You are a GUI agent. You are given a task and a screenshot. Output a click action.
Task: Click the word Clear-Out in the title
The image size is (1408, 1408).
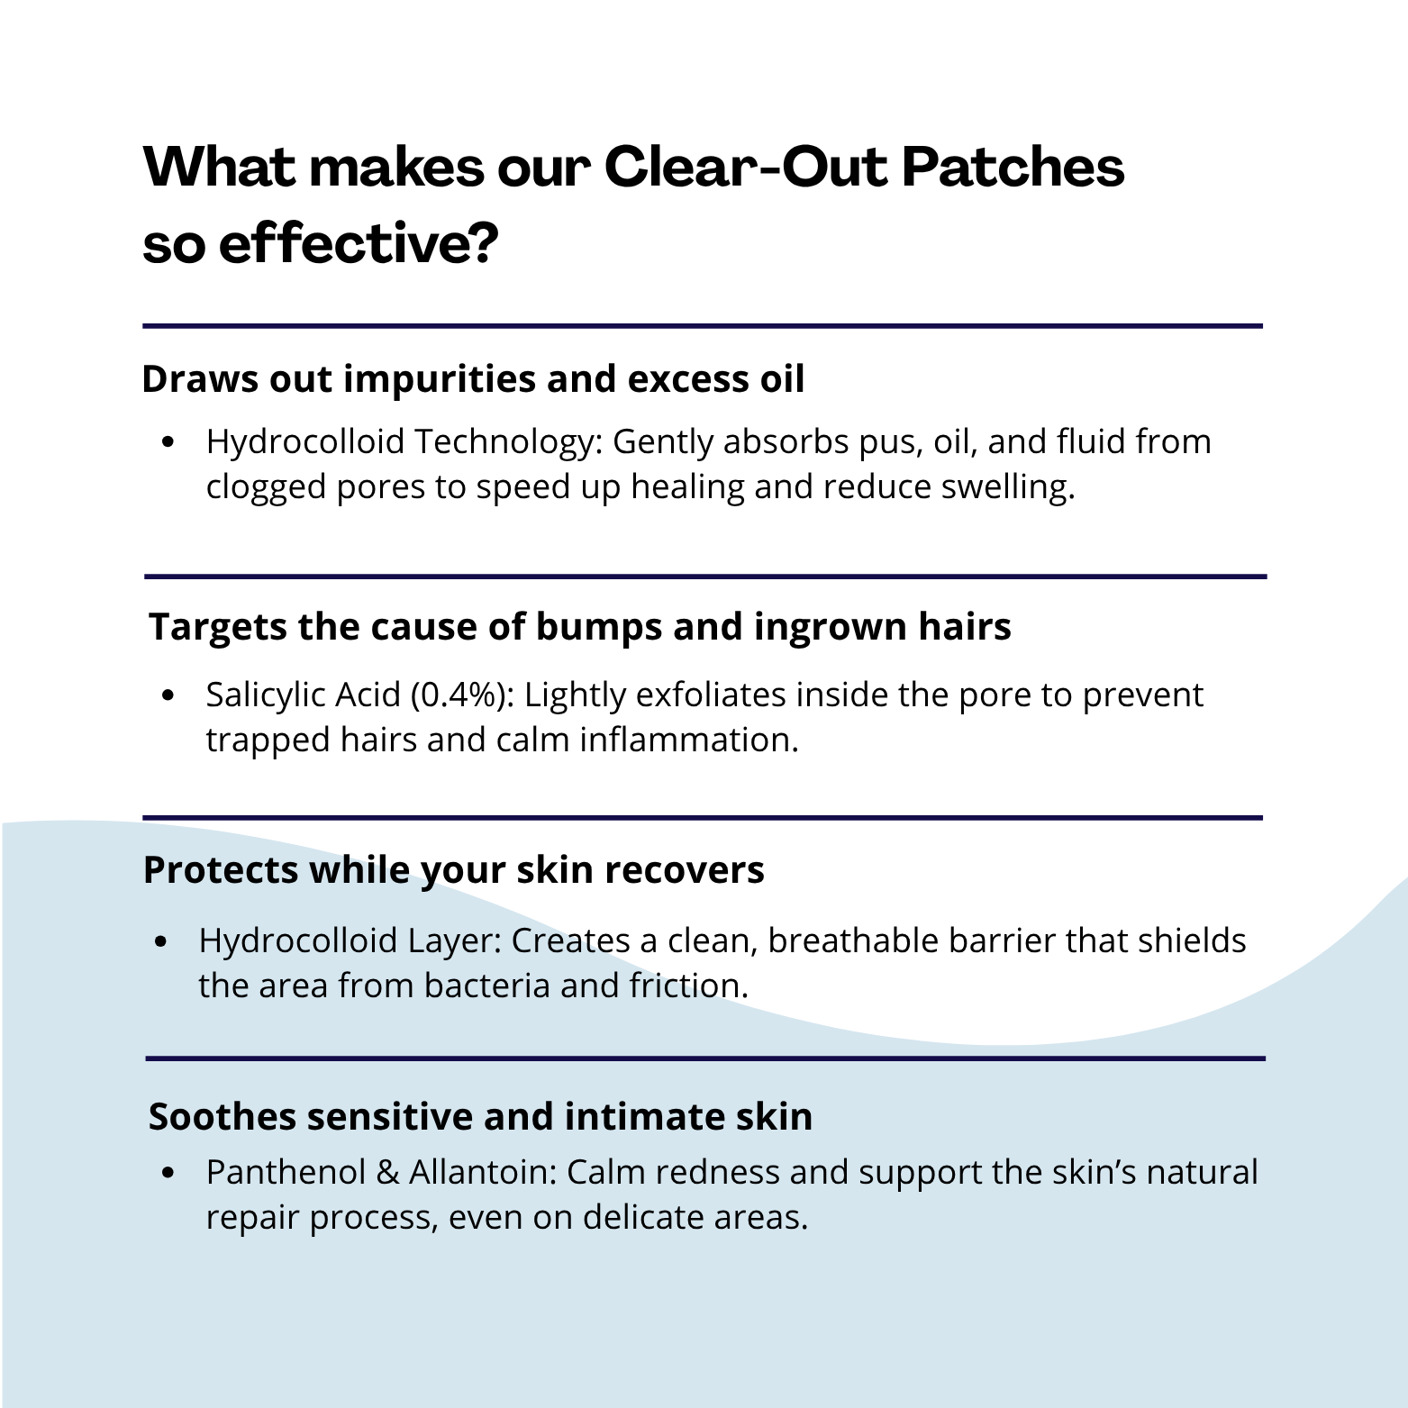pyautogui.click(x=744, y=167)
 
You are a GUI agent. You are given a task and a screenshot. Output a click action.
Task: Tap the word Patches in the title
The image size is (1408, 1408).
pyautogui.click(x=1013, y=167)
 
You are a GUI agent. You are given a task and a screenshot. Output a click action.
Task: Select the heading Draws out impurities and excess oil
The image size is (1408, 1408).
pyautogui.click(x=473, y=378)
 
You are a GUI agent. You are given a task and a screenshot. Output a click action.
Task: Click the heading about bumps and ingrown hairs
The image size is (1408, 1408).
pyautogui.click(x=579, y=627)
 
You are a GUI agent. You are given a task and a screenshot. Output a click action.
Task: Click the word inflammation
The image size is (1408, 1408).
pyautogui.click(x=689, y=740)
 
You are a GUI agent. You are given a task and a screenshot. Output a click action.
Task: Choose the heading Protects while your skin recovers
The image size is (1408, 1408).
pyautogui.click(x=453, y=870)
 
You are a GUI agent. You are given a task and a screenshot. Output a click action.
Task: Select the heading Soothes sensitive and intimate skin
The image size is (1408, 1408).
pyautogui.click(x=480, y=1116)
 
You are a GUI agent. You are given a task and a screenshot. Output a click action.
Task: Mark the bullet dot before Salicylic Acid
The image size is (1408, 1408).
pyautogui.click(x=168, y=695)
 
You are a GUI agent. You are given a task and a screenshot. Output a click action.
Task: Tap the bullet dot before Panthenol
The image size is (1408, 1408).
pyautogui.click(x=168, y=1173)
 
